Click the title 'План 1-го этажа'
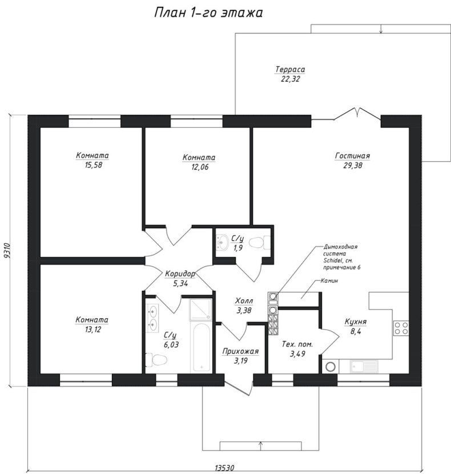click(208, 13)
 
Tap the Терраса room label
click(290, 69)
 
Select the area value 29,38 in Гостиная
click(352, 166)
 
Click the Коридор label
click(180, 274)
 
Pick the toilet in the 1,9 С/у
click(259, 243)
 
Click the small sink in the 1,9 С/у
click(223, 243)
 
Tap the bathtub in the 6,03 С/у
click(201, 348)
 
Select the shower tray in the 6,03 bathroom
click(200, 310)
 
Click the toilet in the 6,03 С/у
click(156, 360)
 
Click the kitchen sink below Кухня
click(364, 367)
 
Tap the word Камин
click(329, 281)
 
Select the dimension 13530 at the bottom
click(224, 468)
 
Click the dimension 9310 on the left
click(7, 251)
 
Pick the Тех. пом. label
click(297, 344)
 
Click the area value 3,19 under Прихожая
click(240, 360)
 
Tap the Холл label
click(244, 301)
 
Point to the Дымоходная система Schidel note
click(341, 257)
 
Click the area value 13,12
click(93, 330)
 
